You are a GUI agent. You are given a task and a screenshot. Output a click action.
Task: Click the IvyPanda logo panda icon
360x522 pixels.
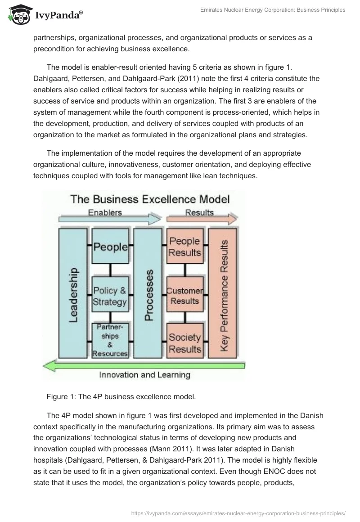point(17,16)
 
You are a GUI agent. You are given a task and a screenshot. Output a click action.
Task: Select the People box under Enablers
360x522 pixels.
point(110,246)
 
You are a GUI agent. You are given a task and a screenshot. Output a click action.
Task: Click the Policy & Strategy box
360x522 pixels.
point(110,296)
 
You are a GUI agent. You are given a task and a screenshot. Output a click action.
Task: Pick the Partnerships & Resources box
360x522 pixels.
point(110,341)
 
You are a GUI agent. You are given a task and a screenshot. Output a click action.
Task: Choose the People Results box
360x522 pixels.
point(184,246)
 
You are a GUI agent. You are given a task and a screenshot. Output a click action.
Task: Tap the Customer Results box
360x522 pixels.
point(184,296)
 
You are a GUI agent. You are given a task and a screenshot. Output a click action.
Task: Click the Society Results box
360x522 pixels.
point(184,343)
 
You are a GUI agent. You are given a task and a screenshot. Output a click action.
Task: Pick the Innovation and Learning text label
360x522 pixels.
point(144,375)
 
